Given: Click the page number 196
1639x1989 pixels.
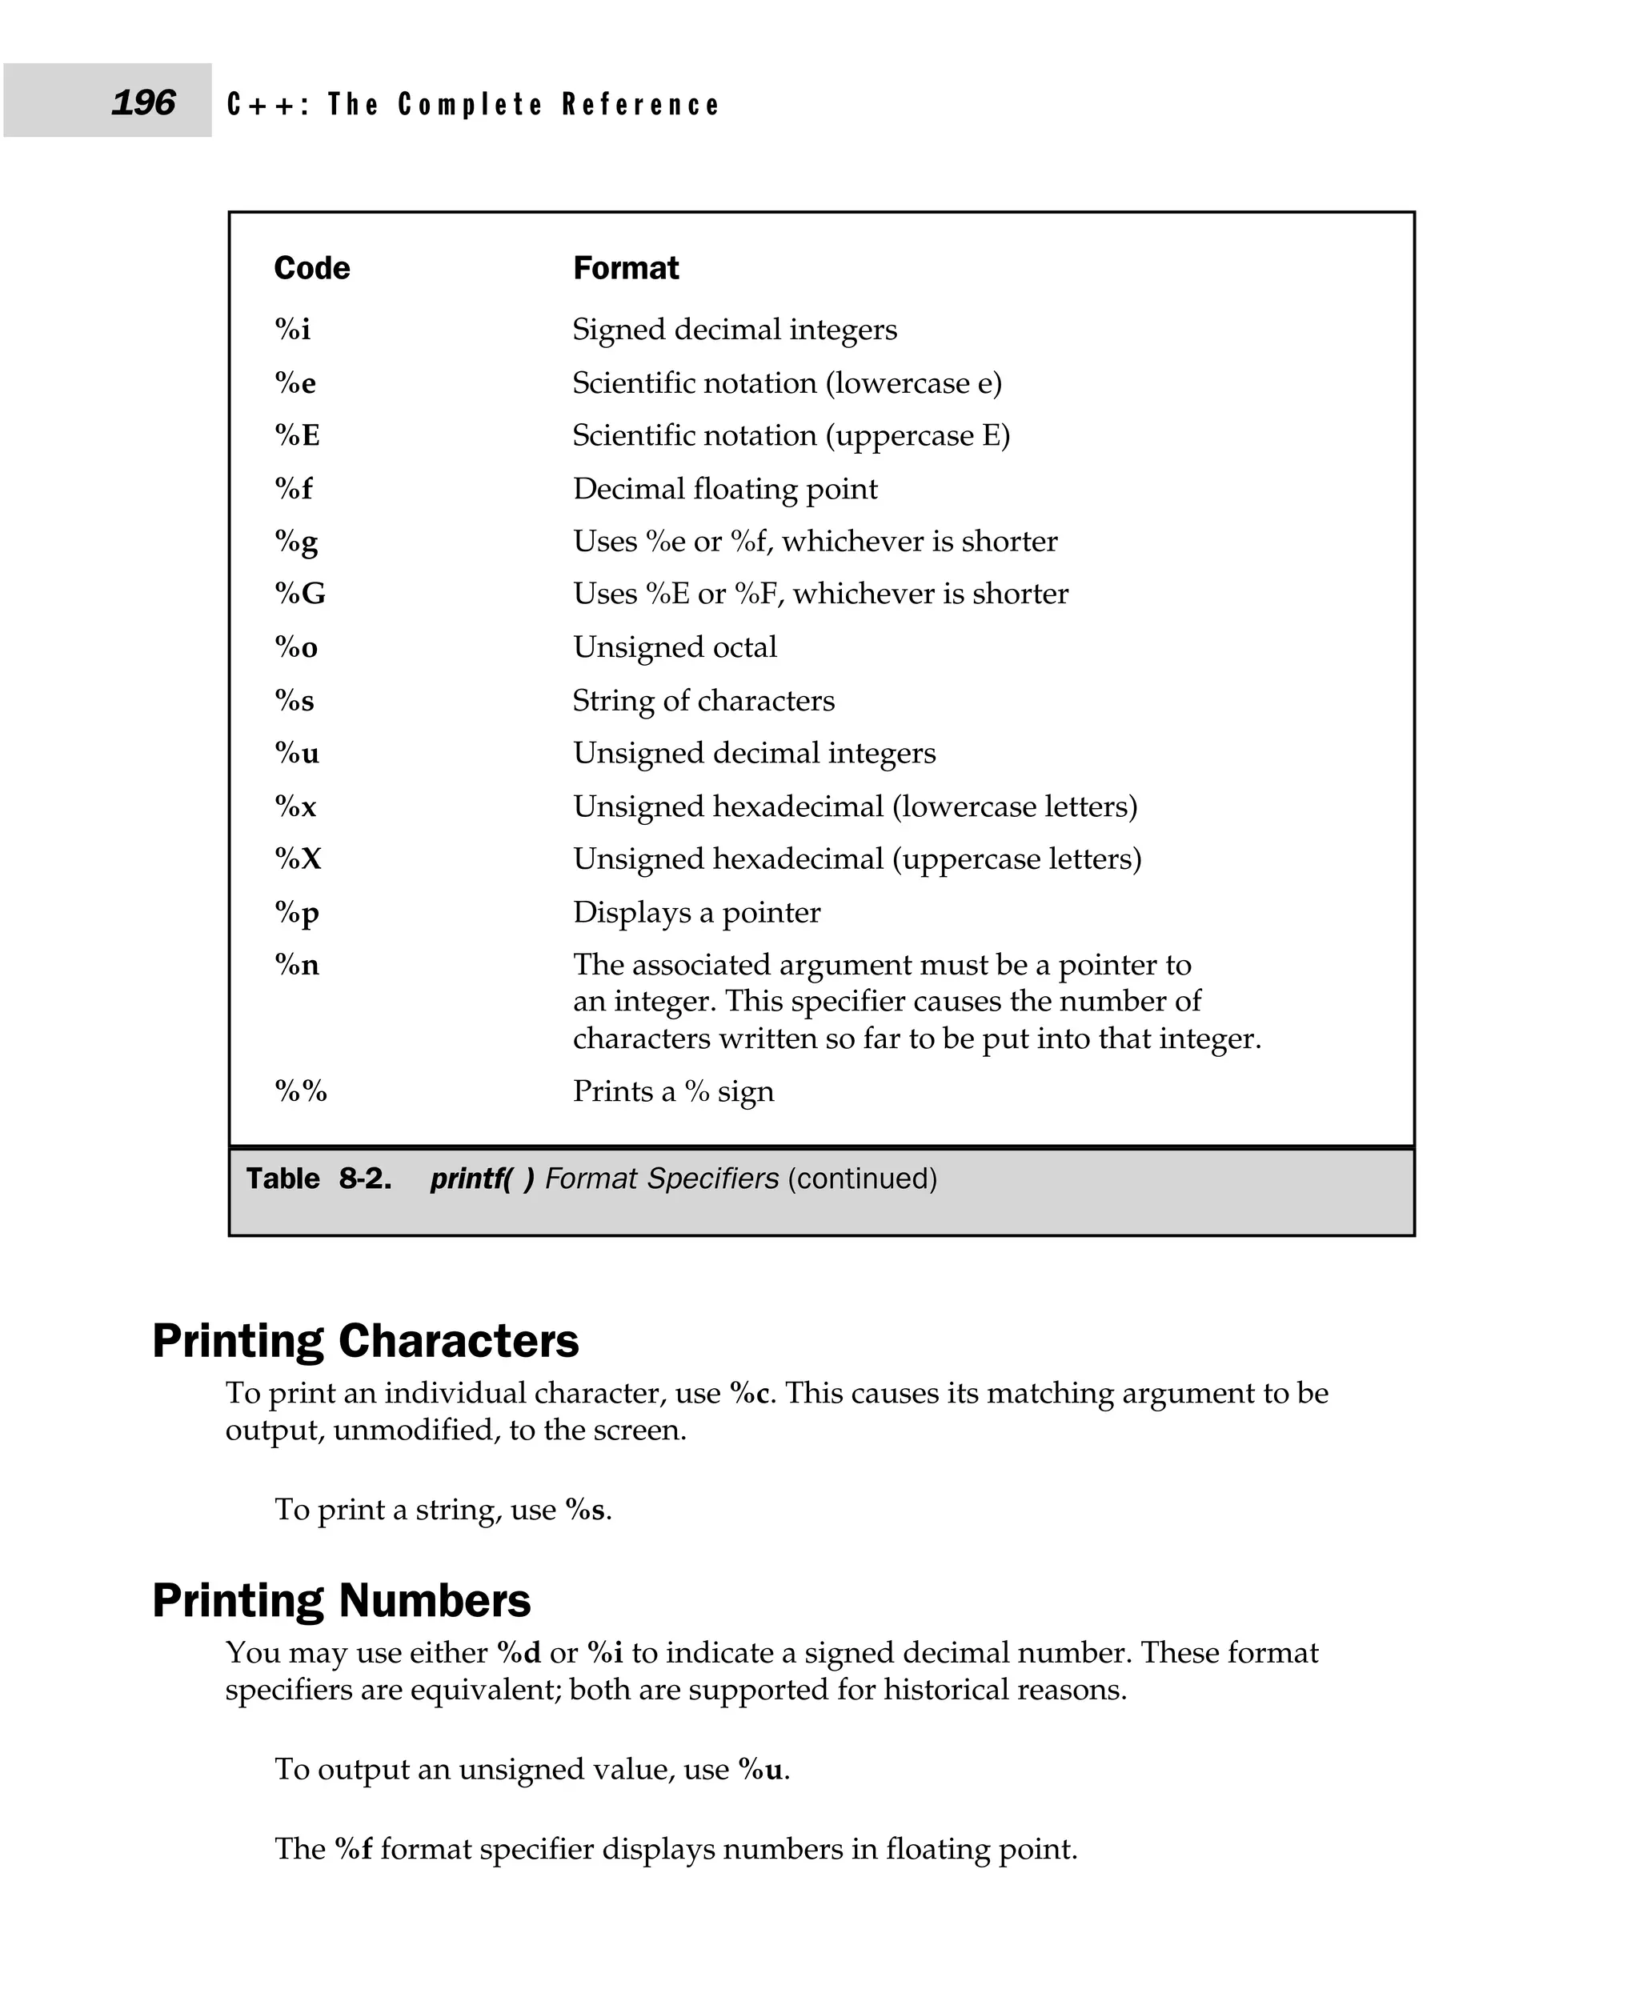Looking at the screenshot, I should pos(142,102).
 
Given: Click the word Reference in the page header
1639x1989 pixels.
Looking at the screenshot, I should pos(640,104).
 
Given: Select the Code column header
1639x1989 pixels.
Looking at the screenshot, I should pos(311,268).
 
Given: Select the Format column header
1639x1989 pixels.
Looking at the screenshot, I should pos(626,268).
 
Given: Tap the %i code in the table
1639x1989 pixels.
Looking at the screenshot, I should pos(293,330).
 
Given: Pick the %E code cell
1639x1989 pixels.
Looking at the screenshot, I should pos(298,435).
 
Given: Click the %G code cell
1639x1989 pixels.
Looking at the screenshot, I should pos(300,594).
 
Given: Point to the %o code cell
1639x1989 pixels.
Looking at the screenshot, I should pos(296,647).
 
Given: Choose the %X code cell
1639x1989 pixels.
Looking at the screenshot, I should pos(299,859).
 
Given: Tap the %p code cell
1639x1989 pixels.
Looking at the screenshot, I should pos(296,913).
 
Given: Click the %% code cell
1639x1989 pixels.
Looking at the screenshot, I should pos(301,1091).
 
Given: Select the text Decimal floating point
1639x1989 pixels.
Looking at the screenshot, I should pos(725,489).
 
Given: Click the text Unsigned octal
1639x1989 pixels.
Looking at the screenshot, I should pos(675,647).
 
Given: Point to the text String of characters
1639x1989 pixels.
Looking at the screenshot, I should pos(703,700).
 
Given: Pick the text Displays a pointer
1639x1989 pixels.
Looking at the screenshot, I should pos(697,913).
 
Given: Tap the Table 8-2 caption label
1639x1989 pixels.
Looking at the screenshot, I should pos(319,1179).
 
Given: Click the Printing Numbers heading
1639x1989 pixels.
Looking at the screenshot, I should pos(342,1601).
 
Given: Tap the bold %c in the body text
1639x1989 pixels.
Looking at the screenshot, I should pos(752,1393).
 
